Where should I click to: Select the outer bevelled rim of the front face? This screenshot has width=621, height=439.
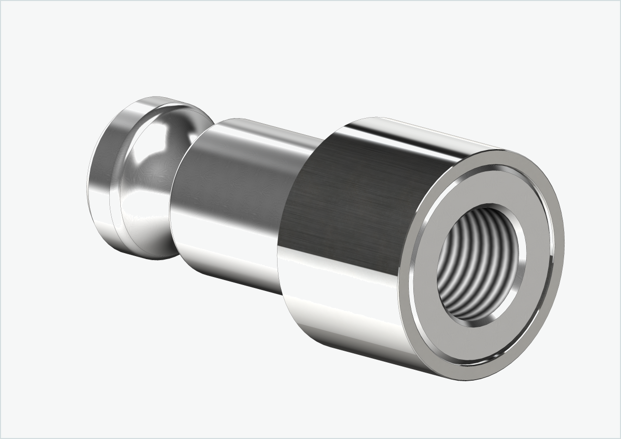tap(559, 239)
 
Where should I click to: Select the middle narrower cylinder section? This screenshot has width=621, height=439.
tap(235, 199)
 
